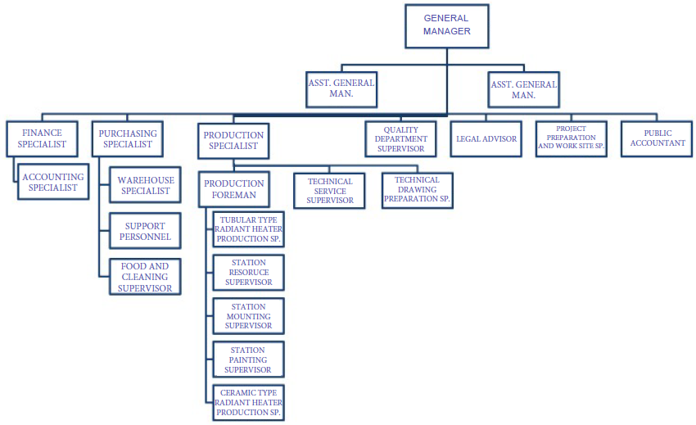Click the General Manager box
pos(446,25)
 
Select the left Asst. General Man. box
pos(341,88)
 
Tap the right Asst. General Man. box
pos(524,89)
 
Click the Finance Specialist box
pos(42,138)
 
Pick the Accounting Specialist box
pos(53,182)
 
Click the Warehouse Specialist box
pos(145,185)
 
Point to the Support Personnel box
pos(145,231)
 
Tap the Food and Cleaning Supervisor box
pos(145,277)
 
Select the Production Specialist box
pos(233,140)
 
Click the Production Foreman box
pos(234,189)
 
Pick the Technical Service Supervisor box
pos(330,191)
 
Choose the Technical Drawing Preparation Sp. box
pos(417,189)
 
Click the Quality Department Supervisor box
pos(401,139)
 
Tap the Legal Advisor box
pos(486,139)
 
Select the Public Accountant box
pos(653,138)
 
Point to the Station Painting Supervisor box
pos(248,359)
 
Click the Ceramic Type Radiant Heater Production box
pos(248,402)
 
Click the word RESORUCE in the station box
pos(248,273)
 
